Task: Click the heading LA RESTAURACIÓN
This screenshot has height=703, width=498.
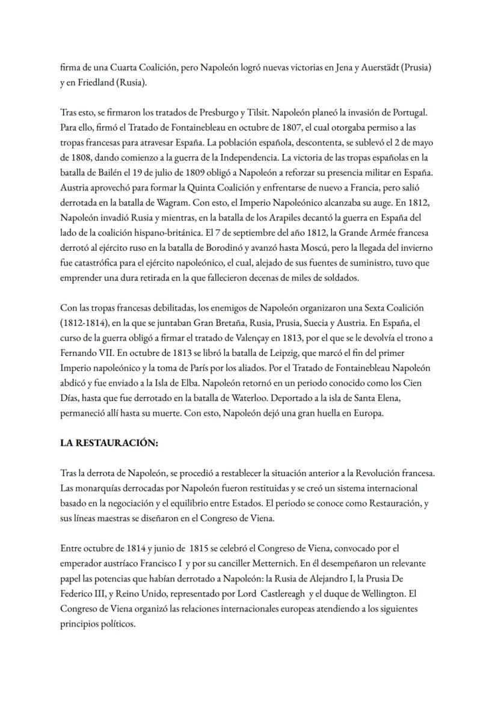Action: [x=109, y=442]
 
